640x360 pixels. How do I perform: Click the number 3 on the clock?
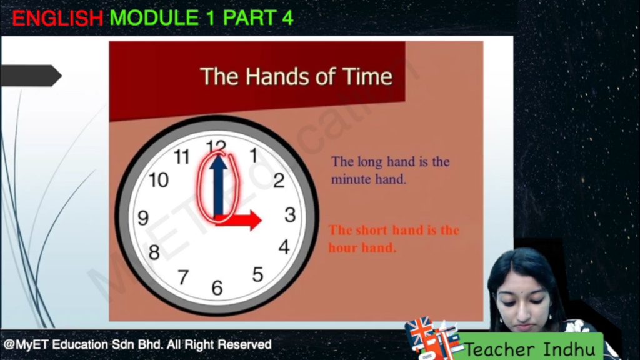(x=290, y=215)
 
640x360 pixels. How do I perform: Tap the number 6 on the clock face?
(x=217, y=288)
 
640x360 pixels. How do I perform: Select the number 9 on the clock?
(x=143, y=218)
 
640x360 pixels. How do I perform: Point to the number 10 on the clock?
(x=159, y=180)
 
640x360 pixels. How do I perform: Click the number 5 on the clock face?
(x=257, y=274)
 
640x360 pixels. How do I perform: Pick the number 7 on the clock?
(x=183, y=277)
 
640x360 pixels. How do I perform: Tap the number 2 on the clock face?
(x=279, y=181)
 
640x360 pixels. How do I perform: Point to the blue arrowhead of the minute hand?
(x=219, y=162)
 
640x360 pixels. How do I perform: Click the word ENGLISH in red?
(x=57, y=18)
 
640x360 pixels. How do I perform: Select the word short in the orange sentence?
(x=371, y=230)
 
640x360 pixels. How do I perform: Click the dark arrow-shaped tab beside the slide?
(x=31, y=76)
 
